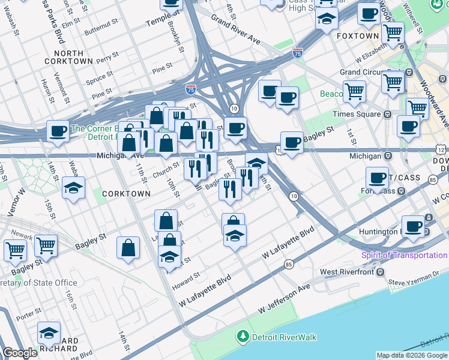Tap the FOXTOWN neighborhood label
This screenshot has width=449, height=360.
pos(358,36)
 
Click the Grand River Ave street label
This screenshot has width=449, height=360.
pos(235,29)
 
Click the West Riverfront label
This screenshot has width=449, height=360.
pos(347,272)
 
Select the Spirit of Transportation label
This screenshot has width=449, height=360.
pos(403,255)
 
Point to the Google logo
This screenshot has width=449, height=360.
pos(20,353)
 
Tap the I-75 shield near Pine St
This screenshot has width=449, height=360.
pos(190,89)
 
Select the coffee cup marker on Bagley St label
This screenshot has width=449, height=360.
pos(292,143)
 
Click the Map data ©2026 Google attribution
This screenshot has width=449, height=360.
pos(412,355)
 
